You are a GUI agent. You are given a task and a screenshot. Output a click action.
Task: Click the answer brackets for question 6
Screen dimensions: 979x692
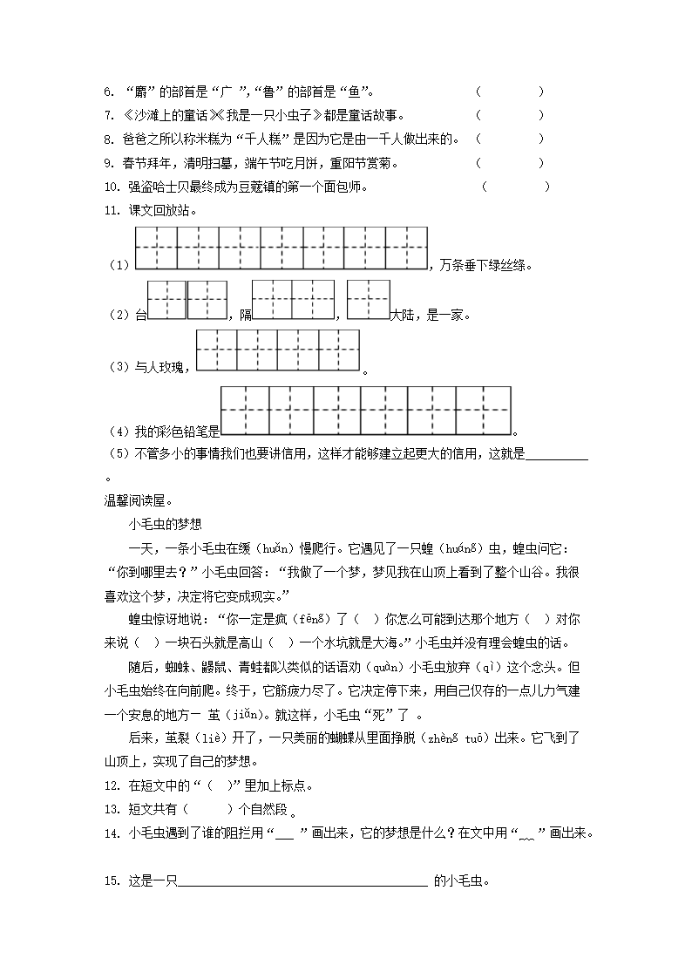coord(510,92)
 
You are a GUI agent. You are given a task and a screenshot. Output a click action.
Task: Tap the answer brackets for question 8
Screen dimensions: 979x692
coord(510,139)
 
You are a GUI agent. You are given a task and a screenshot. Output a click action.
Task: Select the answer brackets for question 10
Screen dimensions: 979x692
coord(516,186)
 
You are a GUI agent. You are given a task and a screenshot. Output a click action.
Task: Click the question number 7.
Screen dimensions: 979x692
coord(108,115)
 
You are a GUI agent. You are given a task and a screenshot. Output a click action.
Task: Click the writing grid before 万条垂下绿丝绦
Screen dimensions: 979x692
coord(282,248)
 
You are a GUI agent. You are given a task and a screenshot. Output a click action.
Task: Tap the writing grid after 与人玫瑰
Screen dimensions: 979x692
coord(278,350)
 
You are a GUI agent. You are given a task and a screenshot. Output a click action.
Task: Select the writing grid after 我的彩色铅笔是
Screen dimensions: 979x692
coord(365,410)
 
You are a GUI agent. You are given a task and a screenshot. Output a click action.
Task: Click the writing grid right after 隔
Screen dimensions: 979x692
coord(293,301)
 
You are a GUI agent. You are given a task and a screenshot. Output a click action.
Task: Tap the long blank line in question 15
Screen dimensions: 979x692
coord(302,881)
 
